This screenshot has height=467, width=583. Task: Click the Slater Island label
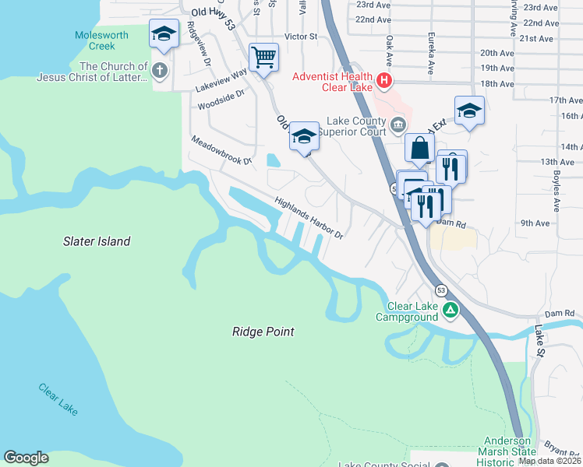[x=97, y=241]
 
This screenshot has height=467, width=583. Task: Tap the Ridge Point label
[x=263, y=332]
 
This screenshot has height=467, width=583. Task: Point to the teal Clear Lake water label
[x=58, y=399]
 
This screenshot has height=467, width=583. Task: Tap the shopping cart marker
[x=264, y=57]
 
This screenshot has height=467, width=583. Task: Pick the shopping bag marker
[x=419, y=147]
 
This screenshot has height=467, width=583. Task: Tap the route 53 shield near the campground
[x=441, y=290]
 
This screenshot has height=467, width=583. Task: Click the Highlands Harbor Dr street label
[x=309, y=217]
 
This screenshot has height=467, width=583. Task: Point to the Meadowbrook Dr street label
[x=222, y=150]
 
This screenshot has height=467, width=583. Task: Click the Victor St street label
[x=301, y=37]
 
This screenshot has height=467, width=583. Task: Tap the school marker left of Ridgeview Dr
[x=163, y=33]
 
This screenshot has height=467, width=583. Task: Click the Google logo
[x=26, y=458]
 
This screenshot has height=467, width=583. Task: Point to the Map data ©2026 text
[x=549, y=461]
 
